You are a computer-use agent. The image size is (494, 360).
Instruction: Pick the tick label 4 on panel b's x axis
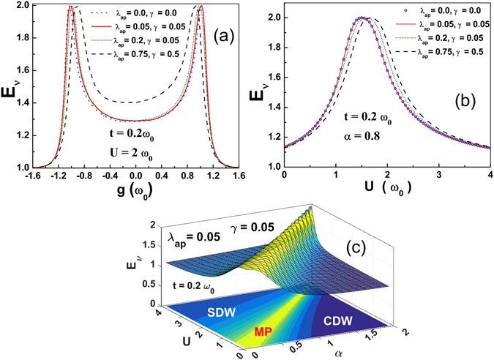(x=489, y=176)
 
